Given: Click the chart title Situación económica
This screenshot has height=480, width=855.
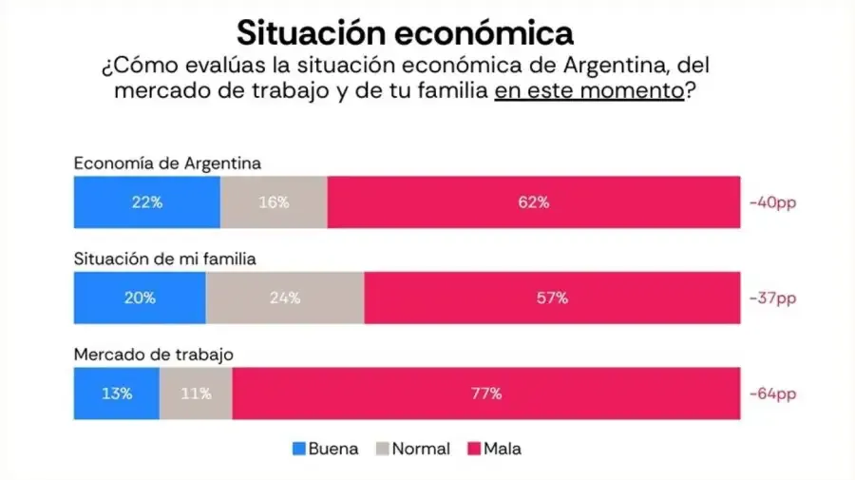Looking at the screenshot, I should [405, 33].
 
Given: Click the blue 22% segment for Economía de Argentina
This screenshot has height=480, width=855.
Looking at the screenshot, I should [147, 202].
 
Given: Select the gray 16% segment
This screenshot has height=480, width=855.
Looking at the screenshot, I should [274, 202].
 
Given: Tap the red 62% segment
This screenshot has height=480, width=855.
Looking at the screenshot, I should [534, 202].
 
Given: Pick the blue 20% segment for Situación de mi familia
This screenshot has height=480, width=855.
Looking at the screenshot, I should [140, 298].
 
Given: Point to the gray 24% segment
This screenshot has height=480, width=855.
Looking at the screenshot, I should [284, 298].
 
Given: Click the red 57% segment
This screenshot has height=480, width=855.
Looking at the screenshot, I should [552, 298].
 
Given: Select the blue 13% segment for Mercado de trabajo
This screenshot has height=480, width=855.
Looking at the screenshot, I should [117, 394].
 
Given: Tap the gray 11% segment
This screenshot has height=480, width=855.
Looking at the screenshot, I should [196, 394].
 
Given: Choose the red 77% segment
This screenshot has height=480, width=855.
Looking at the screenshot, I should [485, 394].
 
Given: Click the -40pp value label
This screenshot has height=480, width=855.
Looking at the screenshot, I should [772, 202].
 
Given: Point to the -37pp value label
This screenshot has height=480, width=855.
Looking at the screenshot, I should [772, 298].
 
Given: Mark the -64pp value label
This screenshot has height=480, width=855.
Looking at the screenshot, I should [772, 394].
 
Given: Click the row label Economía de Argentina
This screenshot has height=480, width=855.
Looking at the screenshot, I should [167, 163].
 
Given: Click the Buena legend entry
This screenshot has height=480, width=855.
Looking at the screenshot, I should [324, 449].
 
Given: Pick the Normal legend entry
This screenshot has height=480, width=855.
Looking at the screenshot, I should [417, 449].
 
